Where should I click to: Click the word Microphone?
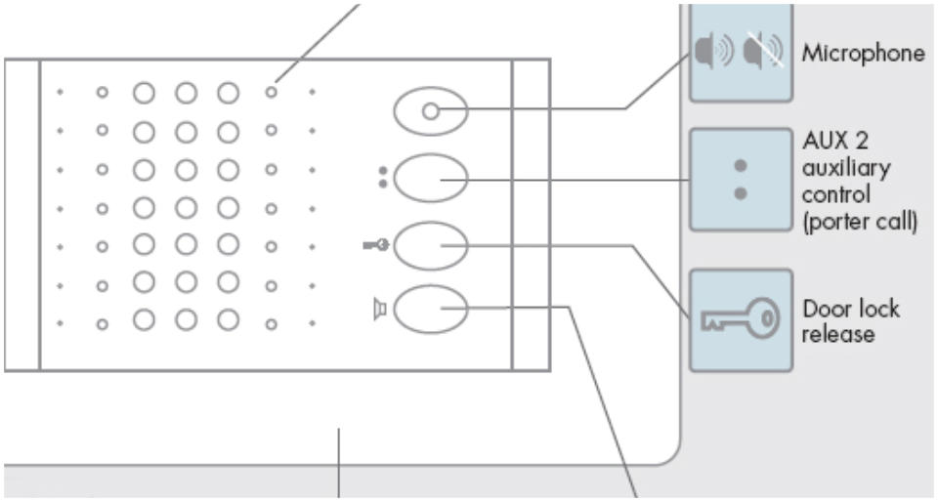pos(863,54)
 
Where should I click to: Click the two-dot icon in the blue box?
pos(740,179)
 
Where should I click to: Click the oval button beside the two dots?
pos(431,179)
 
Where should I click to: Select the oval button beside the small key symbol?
pos(431,243)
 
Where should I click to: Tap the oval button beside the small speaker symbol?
pos(431,309)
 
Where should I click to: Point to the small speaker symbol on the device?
pos(381,310)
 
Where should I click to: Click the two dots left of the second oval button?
pos(382,178)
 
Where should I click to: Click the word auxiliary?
pos(846,170)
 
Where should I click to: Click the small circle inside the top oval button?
pos(429,110)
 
